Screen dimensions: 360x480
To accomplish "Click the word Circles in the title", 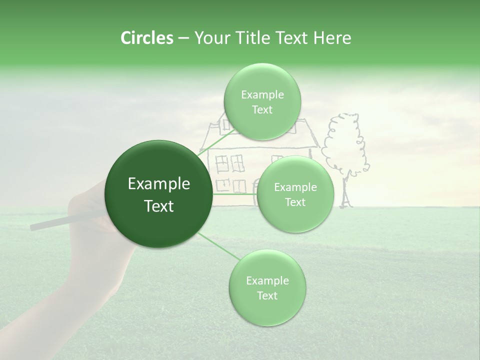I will pyautogui.click(x=146, y=38).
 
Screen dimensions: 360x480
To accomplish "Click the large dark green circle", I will pyautogui.click(x=158, y=194).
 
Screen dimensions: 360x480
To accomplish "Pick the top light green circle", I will pyautogui.click(x=262, y=101).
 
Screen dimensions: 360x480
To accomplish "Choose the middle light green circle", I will pyautogui.click(x=295, y=194).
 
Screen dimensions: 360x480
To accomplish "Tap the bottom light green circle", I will pyautogui.click(x=267, y=288).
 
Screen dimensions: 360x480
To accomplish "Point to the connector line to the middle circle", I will pyautogui.click(x=235, y=194).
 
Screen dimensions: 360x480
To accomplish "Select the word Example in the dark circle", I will pyautogui.click(x=158, y=184).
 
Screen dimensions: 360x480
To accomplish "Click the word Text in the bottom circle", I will pyautogui.click(x=267, y=295).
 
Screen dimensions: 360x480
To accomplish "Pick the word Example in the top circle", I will pyautogui.click(x=262, y=94).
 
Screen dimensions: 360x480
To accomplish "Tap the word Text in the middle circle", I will pyautogui.click(x=295, y=202).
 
